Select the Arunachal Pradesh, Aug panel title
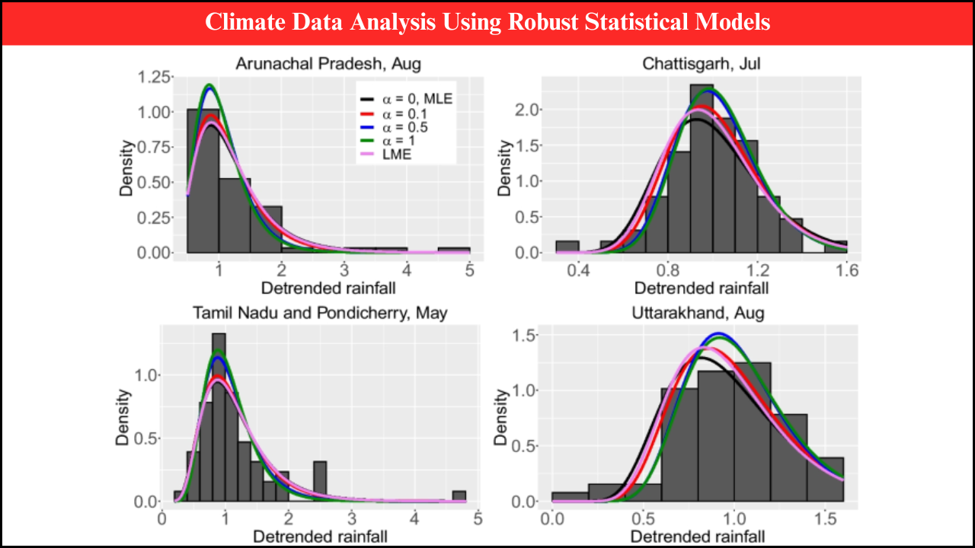coord(328,63)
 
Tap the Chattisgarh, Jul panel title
coord(701,64)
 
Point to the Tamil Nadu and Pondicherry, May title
coord(320,313)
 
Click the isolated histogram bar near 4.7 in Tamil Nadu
coord(459,496)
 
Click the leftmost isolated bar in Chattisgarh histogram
coord(567,247)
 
